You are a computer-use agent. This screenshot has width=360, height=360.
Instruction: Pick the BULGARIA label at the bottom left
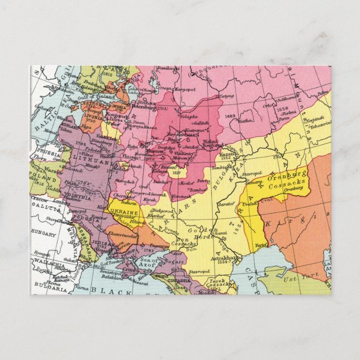click(44, 291)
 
